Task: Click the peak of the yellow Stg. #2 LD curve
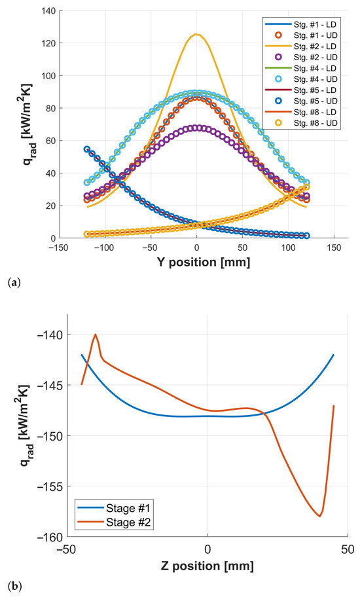pos(196,35)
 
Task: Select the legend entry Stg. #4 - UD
pos(301,79)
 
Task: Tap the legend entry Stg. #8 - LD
pos(301,112)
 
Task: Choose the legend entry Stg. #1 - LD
pos(301,24)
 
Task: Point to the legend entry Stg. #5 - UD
pos(301,101)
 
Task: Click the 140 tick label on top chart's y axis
pos(48,11)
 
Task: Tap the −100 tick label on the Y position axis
pos(104,248)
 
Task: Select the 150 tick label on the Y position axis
pos(334,248)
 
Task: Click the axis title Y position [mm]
pos(203,263)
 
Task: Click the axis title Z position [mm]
pos(207,566)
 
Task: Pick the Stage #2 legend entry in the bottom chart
pos(115,522)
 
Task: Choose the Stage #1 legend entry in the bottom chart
pos(115,509)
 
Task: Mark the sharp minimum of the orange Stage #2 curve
pos(320,517)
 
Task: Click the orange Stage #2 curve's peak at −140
pos(96,335)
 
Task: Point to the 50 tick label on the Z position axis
pos(348,549)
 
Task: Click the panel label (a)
pos(12,283)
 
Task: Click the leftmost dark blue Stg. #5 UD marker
pos(87,149)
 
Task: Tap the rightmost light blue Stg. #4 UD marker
pos(306,183)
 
